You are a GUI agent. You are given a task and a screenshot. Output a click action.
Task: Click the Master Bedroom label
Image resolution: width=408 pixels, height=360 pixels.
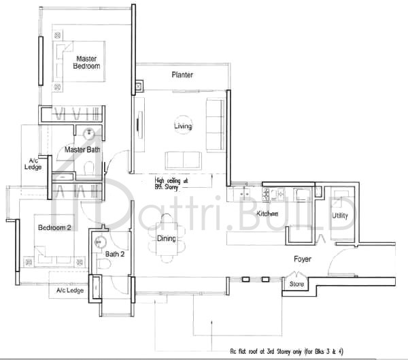pyautogui.click(x=88, y=63)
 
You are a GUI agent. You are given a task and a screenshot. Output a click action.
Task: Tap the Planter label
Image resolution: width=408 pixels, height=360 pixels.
pyautogui.click(x=183, y=76)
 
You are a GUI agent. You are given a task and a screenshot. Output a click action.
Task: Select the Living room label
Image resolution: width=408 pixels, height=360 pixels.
pyautogui.click(x=183, y=127)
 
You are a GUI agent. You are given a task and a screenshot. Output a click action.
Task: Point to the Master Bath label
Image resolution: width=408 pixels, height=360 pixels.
pyautogui.click(x=83, y=150)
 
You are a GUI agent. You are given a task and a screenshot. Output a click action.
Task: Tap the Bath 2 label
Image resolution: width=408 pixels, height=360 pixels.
pyautogui.click(x=115, y=255)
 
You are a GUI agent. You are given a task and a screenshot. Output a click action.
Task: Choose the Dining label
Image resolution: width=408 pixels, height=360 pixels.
pyautogui.click(x=167, y=239)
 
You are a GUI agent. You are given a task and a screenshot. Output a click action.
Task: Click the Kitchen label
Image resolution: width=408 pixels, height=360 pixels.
pyautogui.click(x=268, y=214)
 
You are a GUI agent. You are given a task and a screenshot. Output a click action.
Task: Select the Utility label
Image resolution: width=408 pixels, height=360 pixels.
pyautogui.click(x=340, y=216)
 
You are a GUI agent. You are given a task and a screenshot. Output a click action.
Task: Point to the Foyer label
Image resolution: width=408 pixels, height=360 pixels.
pyautogui.click(x=303, y=259)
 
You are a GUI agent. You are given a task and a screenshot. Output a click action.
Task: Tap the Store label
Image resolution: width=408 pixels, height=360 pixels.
pyautogui.click(x=296, y=284)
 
